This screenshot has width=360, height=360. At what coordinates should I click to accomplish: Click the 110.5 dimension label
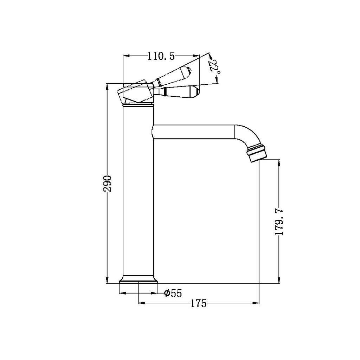coord(161,56)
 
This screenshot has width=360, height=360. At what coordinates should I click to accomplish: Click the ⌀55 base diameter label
coord(173,293)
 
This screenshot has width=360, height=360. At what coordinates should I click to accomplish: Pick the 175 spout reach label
coord(199,303)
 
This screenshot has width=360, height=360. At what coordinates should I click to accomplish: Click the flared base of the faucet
coord(139,279)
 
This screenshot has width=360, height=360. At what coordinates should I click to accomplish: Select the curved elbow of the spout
coord(248,135)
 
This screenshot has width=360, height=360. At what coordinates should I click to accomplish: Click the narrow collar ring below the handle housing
coord(139,104)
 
